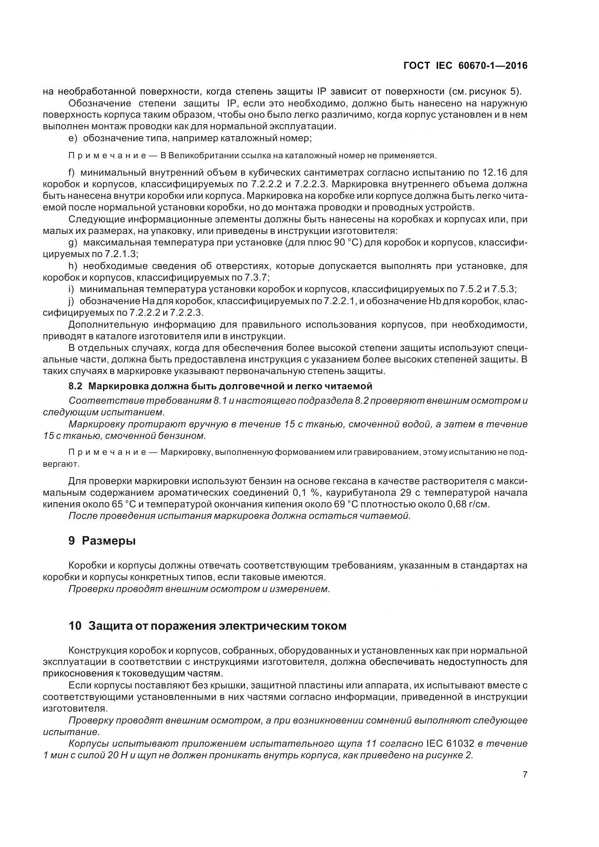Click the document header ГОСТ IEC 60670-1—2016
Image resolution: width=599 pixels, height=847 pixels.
[465, 66]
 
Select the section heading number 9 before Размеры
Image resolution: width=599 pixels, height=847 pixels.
[72, 541]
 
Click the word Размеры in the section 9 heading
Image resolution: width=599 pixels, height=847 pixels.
[108, 541]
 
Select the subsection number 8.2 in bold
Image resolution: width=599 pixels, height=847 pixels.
[76, 386]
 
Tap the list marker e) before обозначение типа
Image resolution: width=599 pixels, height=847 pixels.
[73, 138]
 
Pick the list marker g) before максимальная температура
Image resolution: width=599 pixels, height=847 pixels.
[73, 242]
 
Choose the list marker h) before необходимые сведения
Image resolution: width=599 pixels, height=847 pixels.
[73, 266]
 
